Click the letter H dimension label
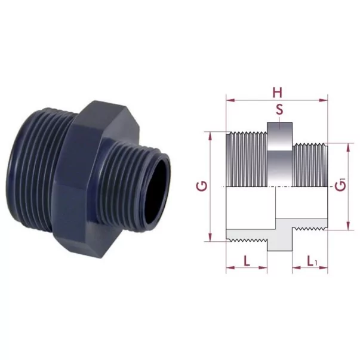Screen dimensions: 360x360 [278, 93]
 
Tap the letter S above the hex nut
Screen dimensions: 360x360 [279, 110]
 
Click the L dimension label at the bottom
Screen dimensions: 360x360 [247, 261]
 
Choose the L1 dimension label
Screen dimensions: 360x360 [312, 261]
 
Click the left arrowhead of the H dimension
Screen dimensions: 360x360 [230, 100]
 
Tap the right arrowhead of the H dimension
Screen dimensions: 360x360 [324, 100]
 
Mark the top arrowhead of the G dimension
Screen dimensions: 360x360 [210, 136]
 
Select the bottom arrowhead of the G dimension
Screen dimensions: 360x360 [210, 237]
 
